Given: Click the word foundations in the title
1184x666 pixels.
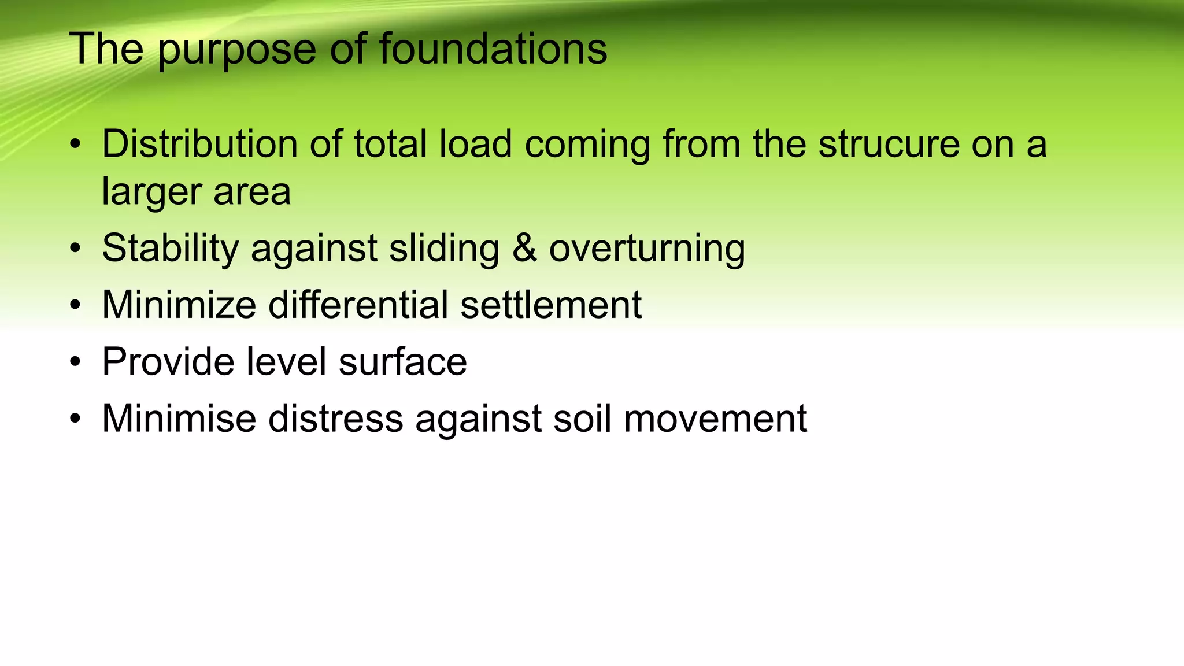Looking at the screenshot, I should tap(493, 49).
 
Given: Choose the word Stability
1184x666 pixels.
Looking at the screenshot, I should tap(170, 249).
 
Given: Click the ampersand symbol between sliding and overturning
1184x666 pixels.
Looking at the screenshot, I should tap(524, 249).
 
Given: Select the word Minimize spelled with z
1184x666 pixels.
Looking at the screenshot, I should tap(179, 305).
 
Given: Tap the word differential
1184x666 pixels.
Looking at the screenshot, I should tap(358, 305).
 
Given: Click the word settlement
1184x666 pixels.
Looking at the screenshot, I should tap(551, 305).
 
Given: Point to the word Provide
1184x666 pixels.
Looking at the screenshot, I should tap(168, 361).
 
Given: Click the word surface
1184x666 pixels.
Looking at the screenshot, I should tap(402, 361).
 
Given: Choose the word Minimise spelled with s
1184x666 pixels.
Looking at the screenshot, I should tap(179, 418).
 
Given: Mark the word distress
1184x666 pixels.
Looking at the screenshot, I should tap(335, 418).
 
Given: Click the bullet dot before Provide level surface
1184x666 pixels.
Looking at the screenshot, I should tap(75, 362).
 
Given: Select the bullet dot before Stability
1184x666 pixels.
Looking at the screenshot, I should tap(75, 249).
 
